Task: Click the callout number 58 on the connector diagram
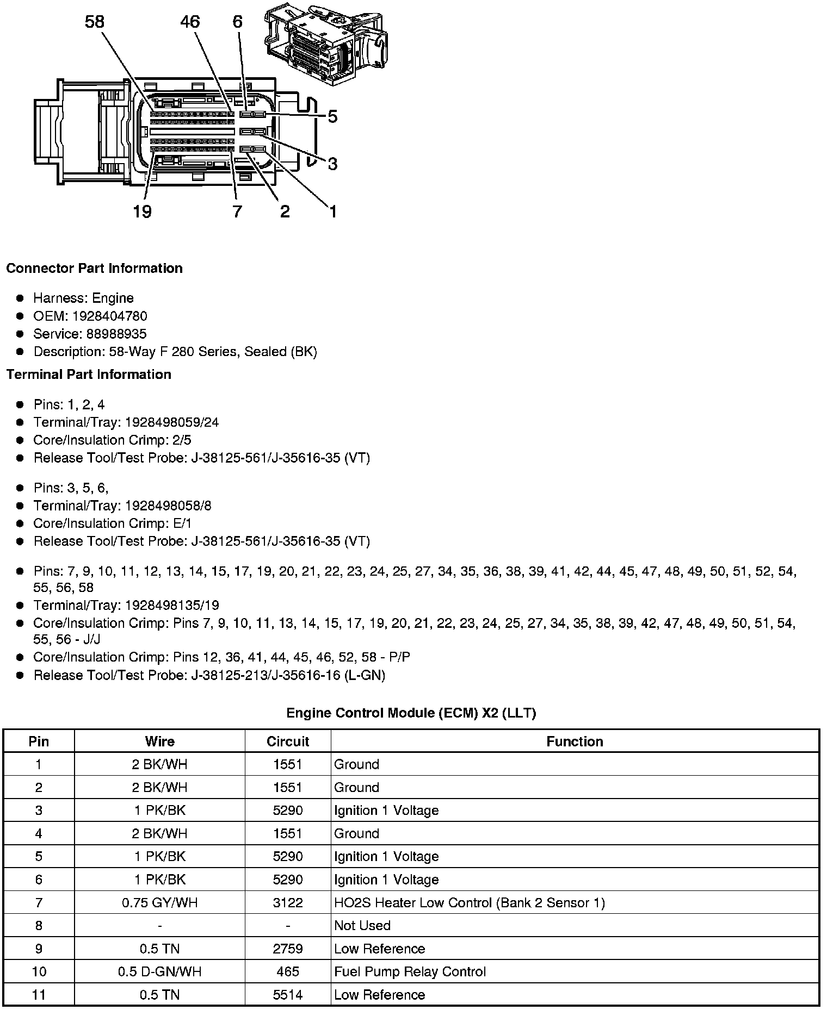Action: pyautogui.click(x=94, y=22)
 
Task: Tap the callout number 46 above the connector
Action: pyautogui.click(x=190, y=22)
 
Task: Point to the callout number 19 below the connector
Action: pyautogui.click(x=142, y=211)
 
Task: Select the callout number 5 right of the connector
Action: pyautogui.click(x=332, y=117)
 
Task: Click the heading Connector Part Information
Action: pyautogui.click(x=94, y=269)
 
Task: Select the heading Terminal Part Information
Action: pyautogui.click(x=89, y=375)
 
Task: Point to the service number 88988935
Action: pyautogui.click(x=116, y=334)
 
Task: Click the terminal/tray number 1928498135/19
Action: pyautogui.click(x=172, y=606)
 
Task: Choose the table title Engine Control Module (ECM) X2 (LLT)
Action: pyautogui.click(x=411, y=713)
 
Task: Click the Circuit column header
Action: pyautogui.click(x=287, y=741)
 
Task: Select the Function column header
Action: pyautogui.click(x=575, y=741)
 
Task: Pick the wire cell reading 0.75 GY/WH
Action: pyautogui.click(x=159, y=903)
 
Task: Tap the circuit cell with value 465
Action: pyautogui.click(x=287, y=972)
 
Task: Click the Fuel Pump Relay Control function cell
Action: pyautogui.click(x=410, y=972)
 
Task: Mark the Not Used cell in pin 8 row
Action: pyautogui.click(x=362, y=926)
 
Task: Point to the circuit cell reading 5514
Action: pyautogui.click(x=287, y=995)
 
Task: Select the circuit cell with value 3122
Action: pyautogui.click(x=287, y=903)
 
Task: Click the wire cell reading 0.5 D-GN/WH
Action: pyautogui.click(x=159, y=972)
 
